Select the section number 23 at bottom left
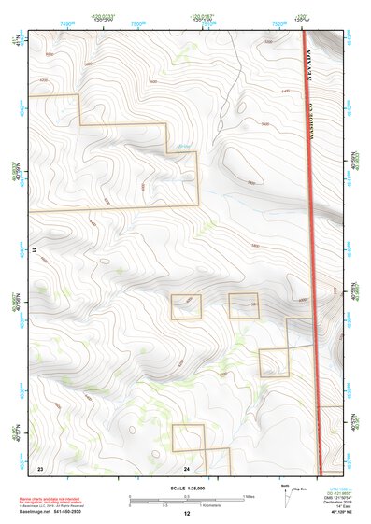click(40, 466)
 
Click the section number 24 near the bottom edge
click(187, 466)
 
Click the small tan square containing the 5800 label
click(244, 305)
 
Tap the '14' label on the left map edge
click(33, 250)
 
